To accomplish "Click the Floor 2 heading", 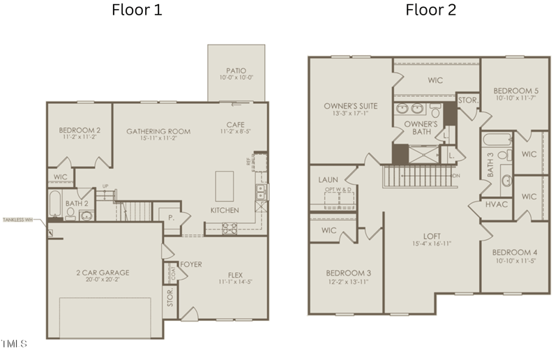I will click(431, 10).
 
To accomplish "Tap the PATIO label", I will click(236, 70).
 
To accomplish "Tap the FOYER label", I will click(191, 264).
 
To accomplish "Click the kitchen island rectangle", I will click(225, 185).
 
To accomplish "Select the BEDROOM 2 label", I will click(80, 130).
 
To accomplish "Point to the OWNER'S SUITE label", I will click(350, 106).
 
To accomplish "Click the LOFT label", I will click(432, 236).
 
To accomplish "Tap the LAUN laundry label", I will click(328, 179).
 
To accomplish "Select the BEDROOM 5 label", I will click(515, 91).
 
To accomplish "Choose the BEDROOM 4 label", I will click(515, 252).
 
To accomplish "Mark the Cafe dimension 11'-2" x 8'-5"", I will click(239, 130).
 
